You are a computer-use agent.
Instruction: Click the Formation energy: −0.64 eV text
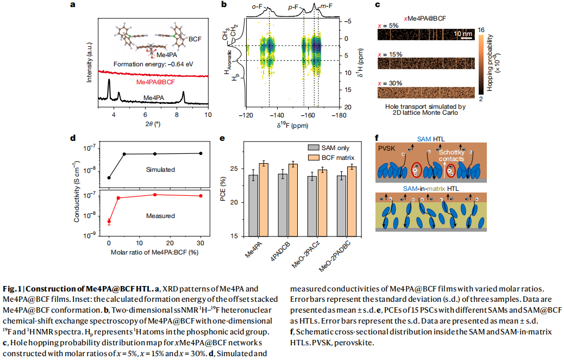coord(153,64)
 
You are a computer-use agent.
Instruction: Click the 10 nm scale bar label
coord(463,34)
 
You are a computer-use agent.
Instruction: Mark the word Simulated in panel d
coord(160,170)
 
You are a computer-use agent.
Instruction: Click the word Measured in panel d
coord(160,216)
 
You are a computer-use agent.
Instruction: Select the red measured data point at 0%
coord(109,221)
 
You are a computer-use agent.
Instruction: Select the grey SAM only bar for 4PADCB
coord(283,204)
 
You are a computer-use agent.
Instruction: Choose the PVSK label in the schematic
coord(387,147)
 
